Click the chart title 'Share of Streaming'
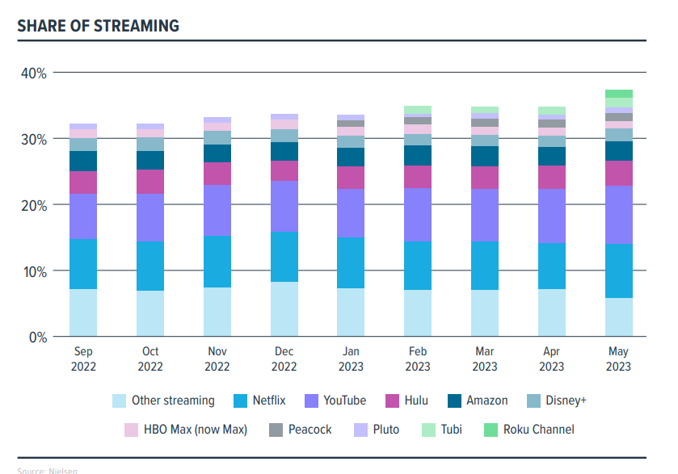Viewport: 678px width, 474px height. [98, 26]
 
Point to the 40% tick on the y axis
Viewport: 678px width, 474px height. [33, 73]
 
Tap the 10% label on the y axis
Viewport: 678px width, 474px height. [33, 271]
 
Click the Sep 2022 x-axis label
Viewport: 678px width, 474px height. [83, 359]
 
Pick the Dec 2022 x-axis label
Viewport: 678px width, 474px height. [284, 359]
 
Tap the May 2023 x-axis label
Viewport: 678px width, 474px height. [618, 359]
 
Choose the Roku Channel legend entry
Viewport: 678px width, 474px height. [529, 430]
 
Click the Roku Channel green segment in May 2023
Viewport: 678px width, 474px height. [619, 94]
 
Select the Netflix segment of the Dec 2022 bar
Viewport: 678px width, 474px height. [284, 257]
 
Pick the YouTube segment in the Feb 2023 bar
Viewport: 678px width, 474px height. [418, 215]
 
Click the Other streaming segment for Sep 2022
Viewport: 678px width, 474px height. [83, 313]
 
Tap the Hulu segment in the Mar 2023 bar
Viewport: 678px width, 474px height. [485, 178]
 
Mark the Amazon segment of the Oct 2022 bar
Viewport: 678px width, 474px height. [150, 160]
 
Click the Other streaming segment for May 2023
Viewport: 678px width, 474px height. [619, 317]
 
